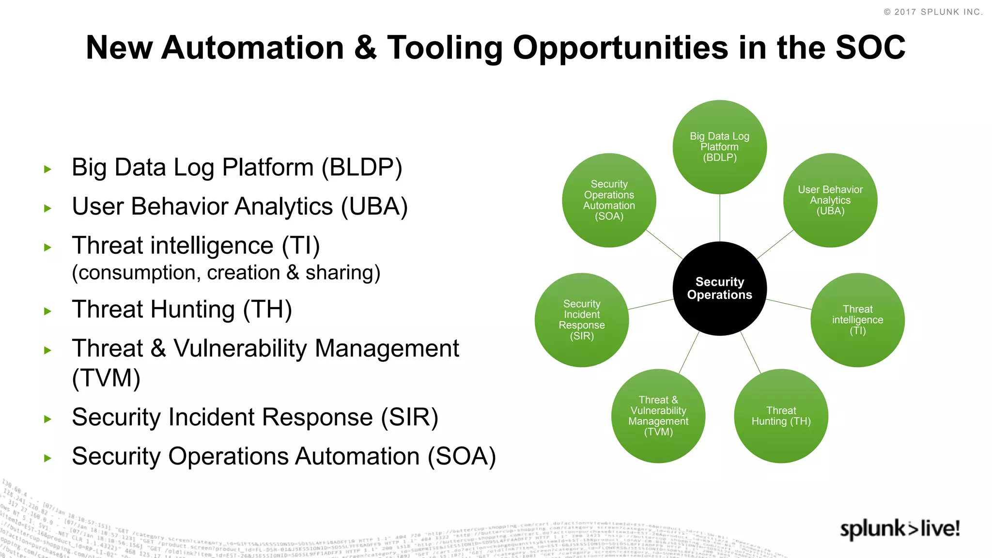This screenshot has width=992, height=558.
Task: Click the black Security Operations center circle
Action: [719, 289]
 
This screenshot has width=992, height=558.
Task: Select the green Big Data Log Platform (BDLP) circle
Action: [719, 147]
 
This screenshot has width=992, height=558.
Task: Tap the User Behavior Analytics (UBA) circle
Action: [830, 200]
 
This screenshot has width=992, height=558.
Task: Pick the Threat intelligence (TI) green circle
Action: [857, 320]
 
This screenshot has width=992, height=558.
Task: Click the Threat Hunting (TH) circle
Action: [781, 416]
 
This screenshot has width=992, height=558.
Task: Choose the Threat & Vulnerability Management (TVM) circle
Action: [658, 416]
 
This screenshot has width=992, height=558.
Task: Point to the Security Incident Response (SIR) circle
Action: [582, 320]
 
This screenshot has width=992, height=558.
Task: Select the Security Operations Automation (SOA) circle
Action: [609, 200]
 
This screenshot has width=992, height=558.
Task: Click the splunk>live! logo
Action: [899, 528]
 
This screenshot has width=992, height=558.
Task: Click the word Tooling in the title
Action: [445, 48]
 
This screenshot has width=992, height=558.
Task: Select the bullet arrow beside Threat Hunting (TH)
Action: [47, 311]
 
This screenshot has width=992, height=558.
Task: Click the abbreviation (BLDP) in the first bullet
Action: [362, 168]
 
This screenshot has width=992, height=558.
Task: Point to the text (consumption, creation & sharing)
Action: [226, 273]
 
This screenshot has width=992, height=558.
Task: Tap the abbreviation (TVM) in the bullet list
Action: [106, 378]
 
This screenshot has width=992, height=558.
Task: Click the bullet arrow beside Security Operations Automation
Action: [47, 458]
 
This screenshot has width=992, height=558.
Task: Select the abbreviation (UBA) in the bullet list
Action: [374, 207]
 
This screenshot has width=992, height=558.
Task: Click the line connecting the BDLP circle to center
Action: [720, 218]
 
